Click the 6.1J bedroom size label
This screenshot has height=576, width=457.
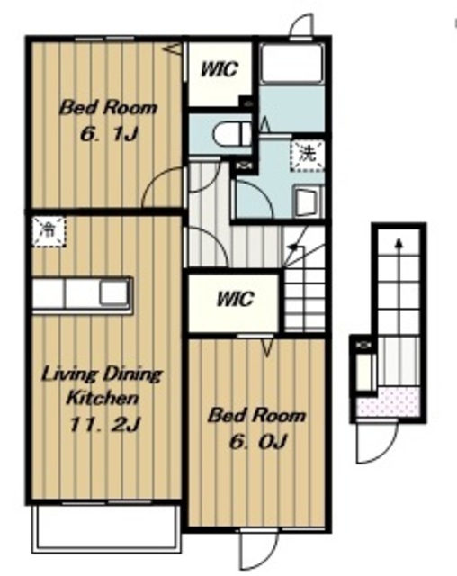click(x=109, y=135)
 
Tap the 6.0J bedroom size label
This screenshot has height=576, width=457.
click(x=257, y=442)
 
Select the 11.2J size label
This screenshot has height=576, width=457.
click(x=104, y=425)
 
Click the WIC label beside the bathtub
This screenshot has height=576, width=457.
click(x=220, y=69)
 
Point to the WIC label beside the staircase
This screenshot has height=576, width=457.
click(x=235, y=299)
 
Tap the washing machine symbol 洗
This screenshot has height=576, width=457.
click(x=308, y=154)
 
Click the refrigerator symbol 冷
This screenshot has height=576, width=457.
click(x=49, y=231)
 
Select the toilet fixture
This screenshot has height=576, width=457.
click(x=232, y=134)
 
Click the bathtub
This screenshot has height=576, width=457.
click(x=291, y=63)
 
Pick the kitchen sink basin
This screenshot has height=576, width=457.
click(x=114, y=292)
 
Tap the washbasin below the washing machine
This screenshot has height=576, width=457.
click(x=308, y=202)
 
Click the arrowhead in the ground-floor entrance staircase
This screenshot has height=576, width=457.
click(x=399, y=242)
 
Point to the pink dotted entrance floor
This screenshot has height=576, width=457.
click(x=389, y=402)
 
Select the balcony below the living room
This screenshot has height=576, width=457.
click(x=106, y=529)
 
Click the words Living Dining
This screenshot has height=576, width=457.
click(x=102, y=375)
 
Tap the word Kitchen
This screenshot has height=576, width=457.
click(x=103, y=398)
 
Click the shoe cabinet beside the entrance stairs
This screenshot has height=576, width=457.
click(x=365, y=372)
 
